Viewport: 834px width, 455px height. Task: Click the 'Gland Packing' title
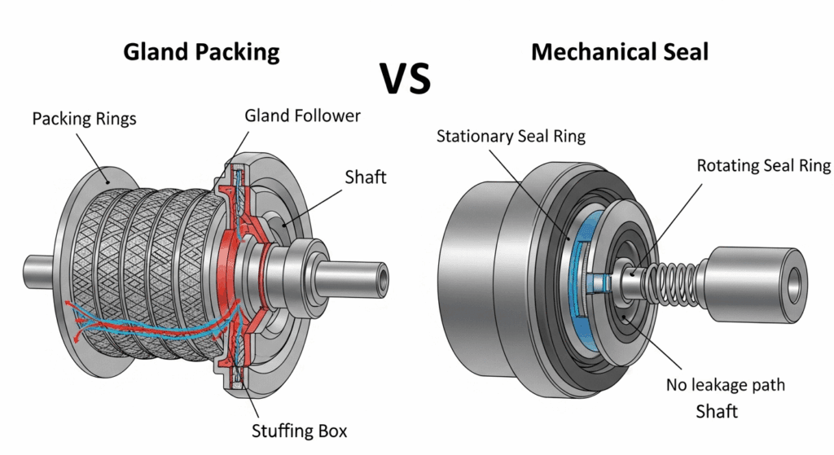(x=201, y=53)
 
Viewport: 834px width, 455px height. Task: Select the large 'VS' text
(x=405, y=79)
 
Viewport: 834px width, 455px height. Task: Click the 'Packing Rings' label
(x=84, y=119)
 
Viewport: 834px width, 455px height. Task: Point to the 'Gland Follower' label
(x=302, y=116)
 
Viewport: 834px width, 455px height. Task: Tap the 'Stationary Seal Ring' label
(x=511, y=136)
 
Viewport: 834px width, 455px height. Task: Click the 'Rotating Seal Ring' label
(x=763, y=166)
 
